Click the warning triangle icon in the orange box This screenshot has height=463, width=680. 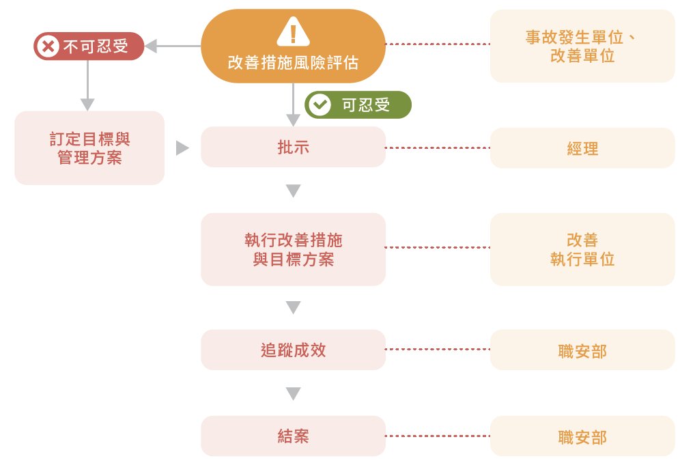(x=293, y=31)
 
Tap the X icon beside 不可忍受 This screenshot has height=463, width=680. (x=48, y=46)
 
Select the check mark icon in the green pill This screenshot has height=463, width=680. (x=319, y=104)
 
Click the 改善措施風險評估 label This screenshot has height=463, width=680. (x=293, y=63)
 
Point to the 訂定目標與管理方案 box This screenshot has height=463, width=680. (x=89, y=148)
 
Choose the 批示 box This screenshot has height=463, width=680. (x=293, y=147)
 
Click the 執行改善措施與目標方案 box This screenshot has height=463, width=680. (x=293, y=249)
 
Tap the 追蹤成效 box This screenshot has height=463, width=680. (x=293, y=350)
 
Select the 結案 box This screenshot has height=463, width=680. (x=293, y=436)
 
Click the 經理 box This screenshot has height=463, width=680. (x=582, y=148)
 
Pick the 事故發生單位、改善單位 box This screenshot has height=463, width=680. (x=582, y=46)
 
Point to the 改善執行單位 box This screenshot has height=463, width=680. (x=582, y=249)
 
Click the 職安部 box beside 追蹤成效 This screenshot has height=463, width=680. (x=582, y=350)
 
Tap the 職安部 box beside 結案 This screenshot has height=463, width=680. (x=582, y=436)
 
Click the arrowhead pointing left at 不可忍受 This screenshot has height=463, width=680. (x=151, y=46)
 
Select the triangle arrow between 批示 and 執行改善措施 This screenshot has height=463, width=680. (x=293, y=191)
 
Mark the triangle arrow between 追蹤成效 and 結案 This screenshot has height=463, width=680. (x=293, y=394)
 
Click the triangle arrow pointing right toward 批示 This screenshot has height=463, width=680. (x=182, y=148)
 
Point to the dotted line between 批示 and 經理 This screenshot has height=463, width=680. (x=438, y=148)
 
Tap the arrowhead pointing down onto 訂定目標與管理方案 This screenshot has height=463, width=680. (x=87, y=104)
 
